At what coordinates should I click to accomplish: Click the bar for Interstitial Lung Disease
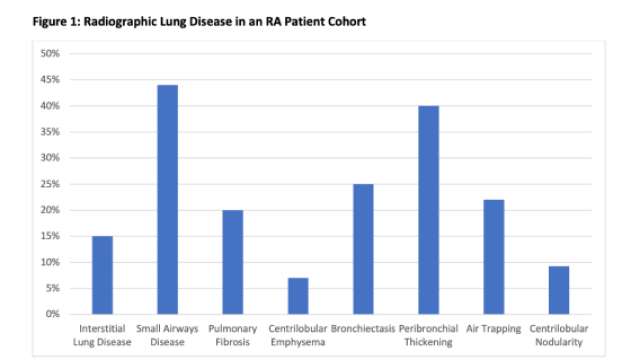(102, 275)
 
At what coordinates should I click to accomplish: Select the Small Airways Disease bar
(167, 200)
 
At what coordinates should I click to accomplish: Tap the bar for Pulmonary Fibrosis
(232, 262)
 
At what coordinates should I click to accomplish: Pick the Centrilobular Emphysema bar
(297, 296)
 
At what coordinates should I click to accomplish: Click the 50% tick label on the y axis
(50, 53)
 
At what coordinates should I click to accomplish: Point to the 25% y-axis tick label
(50, 184)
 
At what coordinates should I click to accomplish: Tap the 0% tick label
(53, 314)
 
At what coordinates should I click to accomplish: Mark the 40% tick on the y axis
(50, 105)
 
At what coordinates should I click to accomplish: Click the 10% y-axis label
(50, 262)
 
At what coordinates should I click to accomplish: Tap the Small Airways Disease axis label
(167, 334)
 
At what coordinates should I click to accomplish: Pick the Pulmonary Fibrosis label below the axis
(232, 334)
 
